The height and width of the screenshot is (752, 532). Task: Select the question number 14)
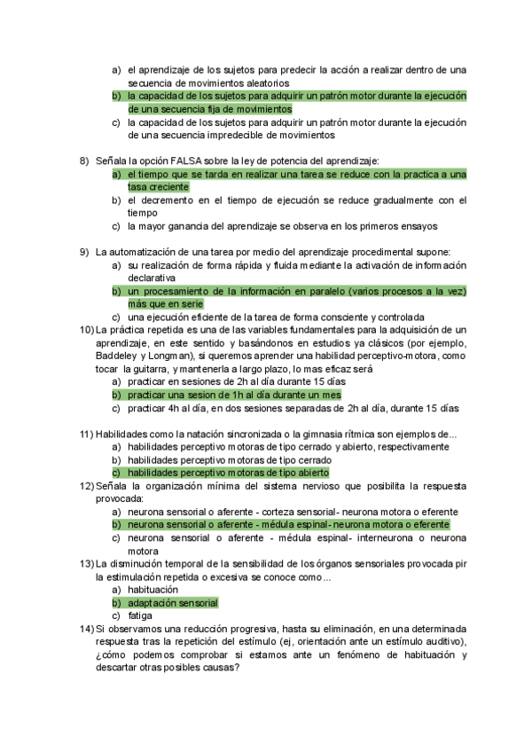tap(86, 628)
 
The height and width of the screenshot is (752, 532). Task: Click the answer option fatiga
tap(140, 615)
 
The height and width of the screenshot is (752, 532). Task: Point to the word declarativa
tap(153, 278)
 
